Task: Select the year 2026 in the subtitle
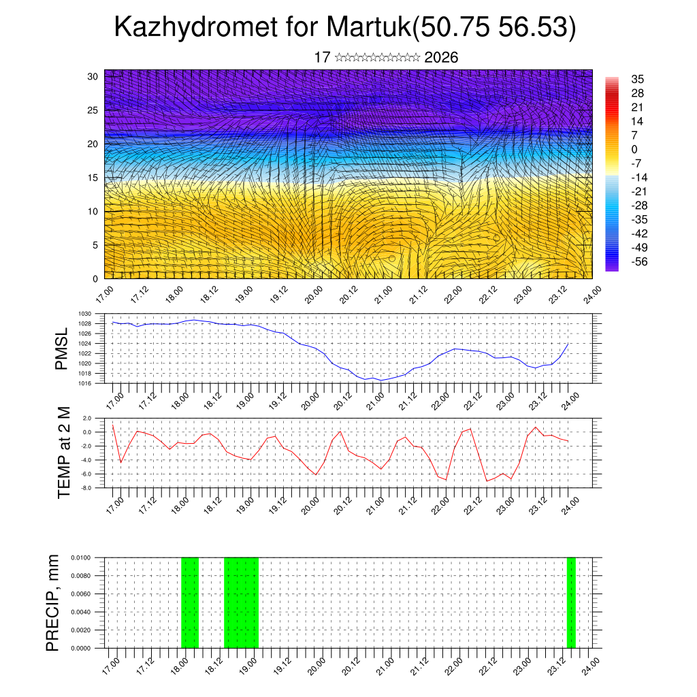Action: coord(441,57)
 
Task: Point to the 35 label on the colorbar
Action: coord(638,79)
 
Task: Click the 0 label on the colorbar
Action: coord(634,149)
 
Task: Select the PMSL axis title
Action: coord(62,348)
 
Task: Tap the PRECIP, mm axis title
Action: coord(53,602)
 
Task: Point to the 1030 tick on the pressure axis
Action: coord(85,314)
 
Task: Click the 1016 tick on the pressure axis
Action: coord(85,383)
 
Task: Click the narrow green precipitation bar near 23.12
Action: coord(571,602)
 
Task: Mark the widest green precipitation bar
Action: coord(241,602)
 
